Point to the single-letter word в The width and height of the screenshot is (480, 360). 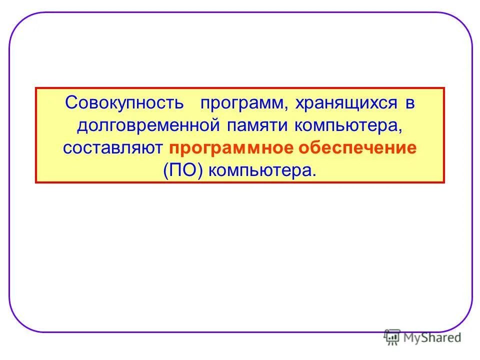[x=409, y=103]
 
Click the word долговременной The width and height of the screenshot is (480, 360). [x=148, y=126]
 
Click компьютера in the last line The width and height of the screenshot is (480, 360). [x=260, y=171]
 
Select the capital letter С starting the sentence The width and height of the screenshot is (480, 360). [x=70, y=103]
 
